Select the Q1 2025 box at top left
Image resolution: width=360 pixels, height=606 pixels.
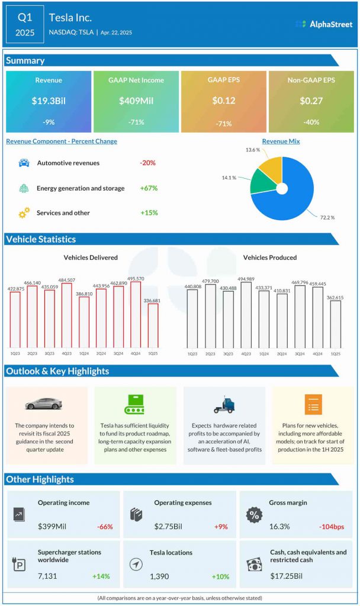tap(24, 24)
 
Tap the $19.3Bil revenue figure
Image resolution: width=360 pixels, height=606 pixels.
tap(49, 101)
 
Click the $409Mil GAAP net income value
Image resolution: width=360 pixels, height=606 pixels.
tap(136, 101)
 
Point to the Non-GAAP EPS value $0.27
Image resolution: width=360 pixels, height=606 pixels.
tap(311, 101)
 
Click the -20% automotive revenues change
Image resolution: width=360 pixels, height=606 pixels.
tap(147, 163)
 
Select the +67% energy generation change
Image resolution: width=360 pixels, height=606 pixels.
tap(149, 188)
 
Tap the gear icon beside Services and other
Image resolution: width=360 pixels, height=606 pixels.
tap(24, 213)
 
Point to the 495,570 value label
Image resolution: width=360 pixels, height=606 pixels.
tap(136, 278)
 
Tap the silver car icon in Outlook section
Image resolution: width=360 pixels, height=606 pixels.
tap(44, 404)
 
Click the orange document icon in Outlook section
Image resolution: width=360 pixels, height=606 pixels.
tap(313, 404)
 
